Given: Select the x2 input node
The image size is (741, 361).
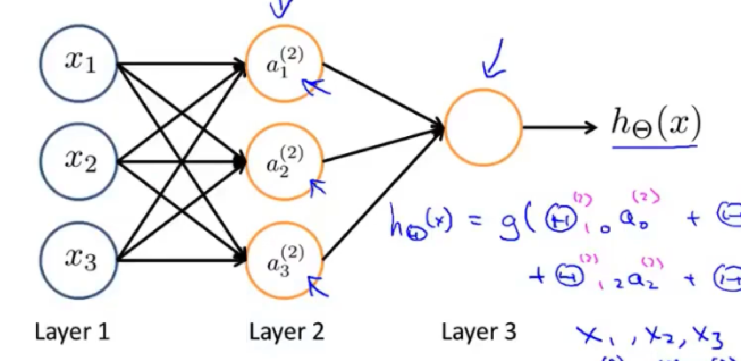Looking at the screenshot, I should (79, 161).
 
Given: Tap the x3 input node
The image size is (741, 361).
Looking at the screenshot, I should (79, 260).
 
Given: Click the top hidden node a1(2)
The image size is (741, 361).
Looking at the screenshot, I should (284, 64).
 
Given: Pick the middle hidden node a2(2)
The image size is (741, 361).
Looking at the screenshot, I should (284, 162).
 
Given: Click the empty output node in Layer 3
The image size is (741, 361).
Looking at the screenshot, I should (483, 128).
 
